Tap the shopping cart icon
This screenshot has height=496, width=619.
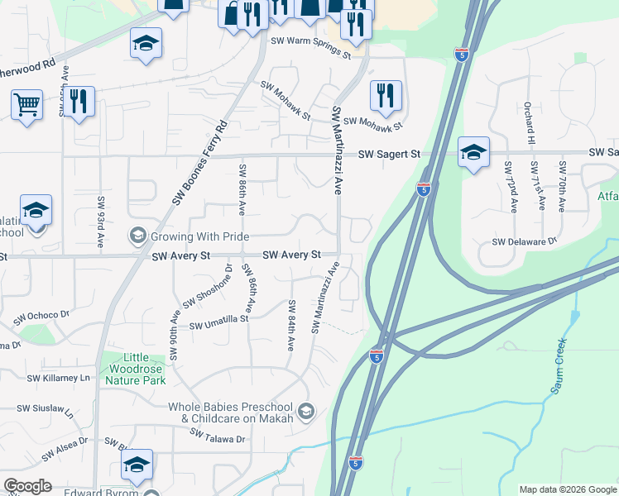[x=27, y=105]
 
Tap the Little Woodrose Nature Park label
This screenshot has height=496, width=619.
[x=136, y=369]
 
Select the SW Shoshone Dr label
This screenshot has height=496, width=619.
[x=206, y=290]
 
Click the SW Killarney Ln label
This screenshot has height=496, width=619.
[x=58, y=378]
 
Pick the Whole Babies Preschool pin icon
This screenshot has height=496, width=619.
[x=306, y=411]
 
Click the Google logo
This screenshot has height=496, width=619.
[x=27, y=486]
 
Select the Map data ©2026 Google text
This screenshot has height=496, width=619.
[x=568, y=489]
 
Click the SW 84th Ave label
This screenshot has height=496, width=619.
[x=291, y=326]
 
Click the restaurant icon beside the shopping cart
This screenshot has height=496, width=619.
[x=79, y=103]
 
